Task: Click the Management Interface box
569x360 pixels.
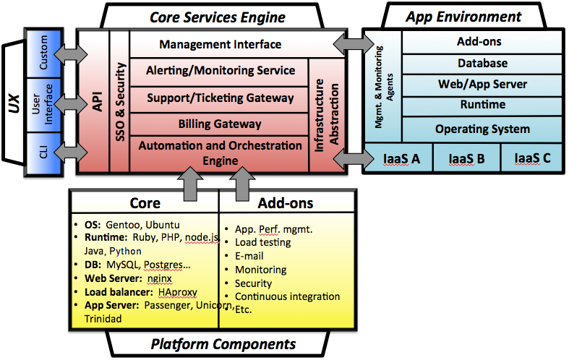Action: pos(220,45)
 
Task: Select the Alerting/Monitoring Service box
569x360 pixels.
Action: pos(220,71)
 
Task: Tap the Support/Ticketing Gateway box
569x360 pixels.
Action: pos(220,98)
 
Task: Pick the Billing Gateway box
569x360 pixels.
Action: pos(220,124)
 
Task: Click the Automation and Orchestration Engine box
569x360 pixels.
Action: pos(220,153)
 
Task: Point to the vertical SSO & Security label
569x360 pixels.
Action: pos(120,101)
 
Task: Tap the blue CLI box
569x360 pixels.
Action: pos(42,152)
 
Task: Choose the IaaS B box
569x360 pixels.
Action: pos(466,158)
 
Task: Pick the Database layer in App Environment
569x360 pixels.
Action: pos(482,64)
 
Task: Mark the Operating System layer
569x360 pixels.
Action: pos(482,129)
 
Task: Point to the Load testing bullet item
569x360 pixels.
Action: pos(262,242)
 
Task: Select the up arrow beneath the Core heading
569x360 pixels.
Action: pos(189,179)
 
